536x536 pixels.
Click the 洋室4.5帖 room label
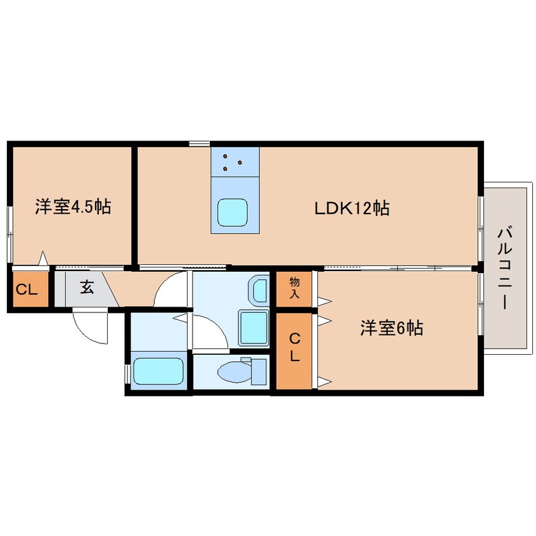click(x=73, y=207)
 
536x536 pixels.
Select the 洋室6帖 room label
click(x=392, y=328)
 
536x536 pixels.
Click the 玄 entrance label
click(x=87, y=287)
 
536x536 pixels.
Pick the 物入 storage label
click(x=295, y=287)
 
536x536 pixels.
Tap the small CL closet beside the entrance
click(x=27, y=290)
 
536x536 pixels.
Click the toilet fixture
click(x=241, y=370)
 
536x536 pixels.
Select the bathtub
click(x=158, y=370)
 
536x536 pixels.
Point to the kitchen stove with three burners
click(x=235, y=162)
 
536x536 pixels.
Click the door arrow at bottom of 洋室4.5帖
click(x=42, y=258)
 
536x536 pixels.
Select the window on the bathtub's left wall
click(x=128, y=370)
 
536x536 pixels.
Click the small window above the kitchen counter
click(x=199, y=143)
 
